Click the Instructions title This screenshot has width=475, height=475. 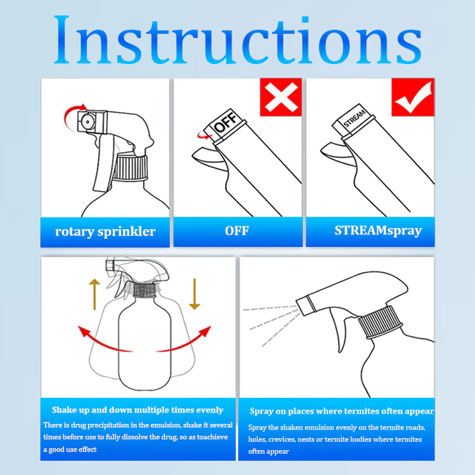[x=237, y=39]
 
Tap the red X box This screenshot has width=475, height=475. [x=281, y=97]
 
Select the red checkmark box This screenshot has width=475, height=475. [x=413, y=97]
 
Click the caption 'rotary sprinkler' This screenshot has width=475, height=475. [x=105, y=232]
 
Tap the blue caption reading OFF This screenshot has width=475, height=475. [x=237, y=231]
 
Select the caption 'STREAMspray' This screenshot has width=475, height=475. [x=378, y=231]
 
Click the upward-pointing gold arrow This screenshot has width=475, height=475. [x=94, y=294]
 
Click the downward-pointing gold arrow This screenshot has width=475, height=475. [x=195, y=294]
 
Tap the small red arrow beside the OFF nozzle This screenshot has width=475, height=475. [x=204, y=135]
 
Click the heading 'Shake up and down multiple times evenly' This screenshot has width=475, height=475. [x=138, y=410]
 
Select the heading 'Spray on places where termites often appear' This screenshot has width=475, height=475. [x=342, y=411]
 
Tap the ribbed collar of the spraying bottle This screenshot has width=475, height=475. [x=380, y=322]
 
